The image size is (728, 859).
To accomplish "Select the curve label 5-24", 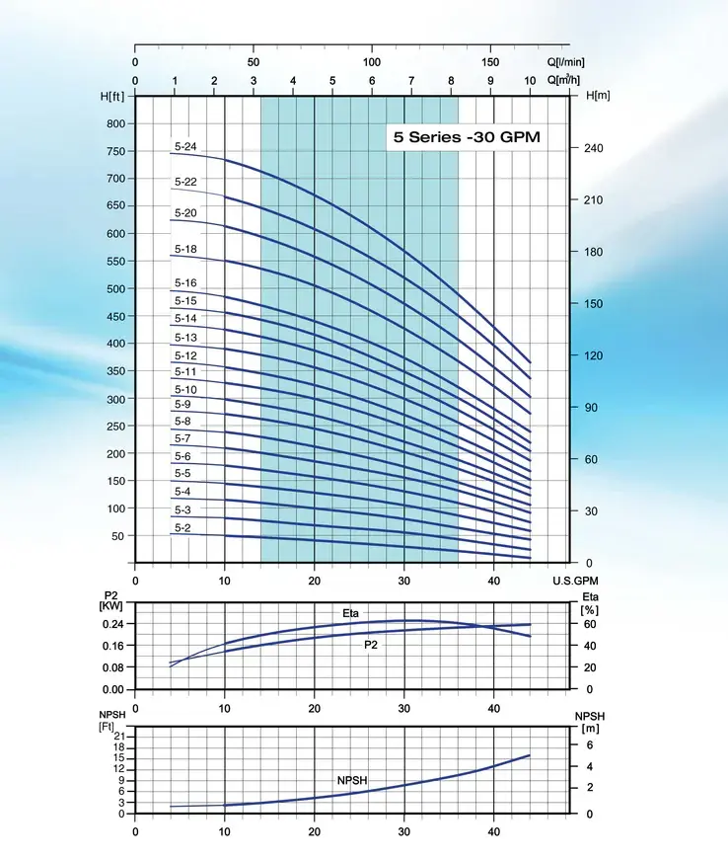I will click(185, 147).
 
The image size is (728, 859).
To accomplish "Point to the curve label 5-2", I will click(182, 528).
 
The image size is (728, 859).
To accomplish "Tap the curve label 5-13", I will click(185, 338).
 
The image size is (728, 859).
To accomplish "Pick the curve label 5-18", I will click(185, 249).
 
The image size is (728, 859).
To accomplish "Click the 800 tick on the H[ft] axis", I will click(117, 123).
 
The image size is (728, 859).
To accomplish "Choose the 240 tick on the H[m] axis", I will click(594, 148).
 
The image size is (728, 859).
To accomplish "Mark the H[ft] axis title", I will click(112, 96).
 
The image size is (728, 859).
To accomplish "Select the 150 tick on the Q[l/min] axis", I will click(490, 61).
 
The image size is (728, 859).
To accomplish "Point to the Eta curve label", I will click(351, 614).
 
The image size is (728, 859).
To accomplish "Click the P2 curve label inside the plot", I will click(370, 644).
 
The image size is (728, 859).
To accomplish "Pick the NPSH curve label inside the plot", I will click(352, 780).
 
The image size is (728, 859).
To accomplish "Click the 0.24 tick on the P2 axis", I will click(112, 624).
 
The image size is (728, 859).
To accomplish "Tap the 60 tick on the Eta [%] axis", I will click(590, 624).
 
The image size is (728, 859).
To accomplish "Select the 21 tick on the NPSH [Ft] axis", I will click(120, 737).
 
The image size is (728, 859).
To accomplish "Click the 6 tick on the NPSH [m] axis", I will click(590, 745).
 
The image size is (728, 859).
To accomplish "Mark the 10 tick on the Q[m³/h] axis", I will click(530, 81).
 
